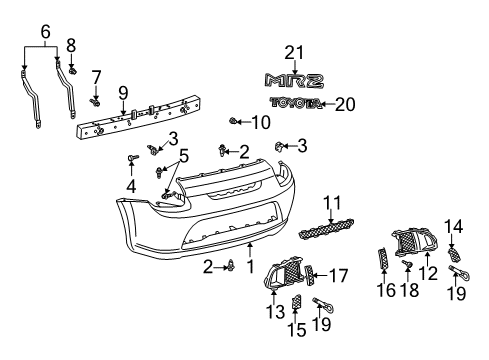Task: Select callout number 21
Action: pyautogui.click(x=292, y=53)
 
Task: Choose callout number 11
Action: pyautogui.click(x=330, y=202)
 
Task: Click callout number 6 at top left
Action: pyautogui.click(x=45, y=32)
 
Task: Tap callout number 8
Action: pyautogui.click(x=71, y=45)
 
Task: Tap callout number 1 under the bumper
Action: pyautogui.click(x=250, y=268)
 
